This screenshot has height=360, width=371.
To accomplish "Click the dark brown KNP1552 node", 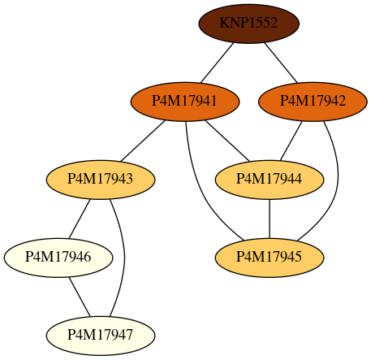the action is click(249, 24).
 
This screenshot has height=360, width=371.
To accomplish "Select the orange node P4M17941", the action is click(185, 102).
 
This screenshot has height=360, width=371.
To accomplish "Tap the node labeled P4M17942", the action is click(313, 102).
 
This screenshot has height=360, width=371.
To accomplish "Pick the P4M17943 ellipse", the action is click(101, 180).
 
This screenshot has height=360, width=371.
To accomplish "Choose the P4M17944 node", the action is click(270, 180).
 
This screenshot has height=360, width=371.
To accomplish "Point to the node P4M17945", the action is click(270, 258).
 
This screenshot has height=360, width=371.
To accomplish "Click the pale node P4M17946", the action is click(58, 258).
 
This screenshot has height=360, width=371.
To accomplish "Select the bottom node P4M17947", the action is click(101, 336).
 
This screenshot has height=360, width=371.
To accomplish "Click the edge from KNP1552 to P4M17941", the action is click(217, 63).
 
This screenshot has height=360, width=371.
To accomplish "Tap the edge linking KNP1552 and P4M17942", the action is click(281, 63).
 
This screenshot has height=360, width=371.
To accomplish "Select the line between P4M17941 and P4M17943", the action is click(143, 141).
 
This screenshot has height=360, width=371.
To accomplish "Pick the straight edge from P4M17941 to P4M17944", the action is click(227, 141).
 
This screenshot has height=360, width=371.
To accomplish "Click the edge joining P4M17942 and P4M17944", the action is click(291, 141).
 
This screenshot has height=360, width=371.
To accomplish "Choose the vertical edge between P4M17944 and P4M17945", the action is click(270, 219).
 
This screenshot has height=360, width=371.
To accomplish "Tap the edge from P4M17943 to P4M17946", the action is click(80, 219).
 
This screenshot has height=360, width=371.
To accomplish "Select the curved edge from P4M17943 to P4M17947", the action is click(124, 258).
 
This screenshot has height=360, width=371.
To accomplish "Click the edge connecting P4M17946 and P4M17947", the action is click(80, 297).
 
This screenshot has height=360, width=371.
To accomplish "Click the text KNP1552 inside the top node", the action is click(248, 23).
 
